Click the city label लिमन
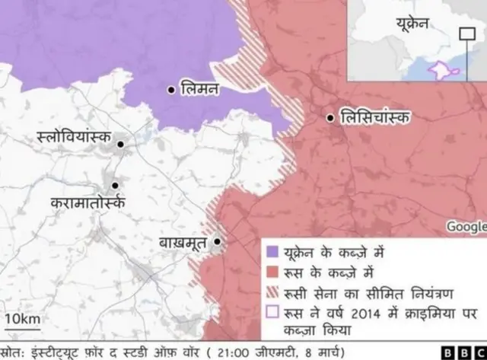199,89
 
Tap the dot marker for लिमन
171,89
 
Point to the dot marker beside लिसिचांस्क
330,118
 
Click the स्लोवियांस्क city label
73,138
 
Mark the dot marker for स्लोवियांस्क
119,142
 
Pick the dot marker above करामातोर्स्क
115,185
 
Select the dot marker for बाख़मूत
218,242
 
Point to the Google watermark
466,226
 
